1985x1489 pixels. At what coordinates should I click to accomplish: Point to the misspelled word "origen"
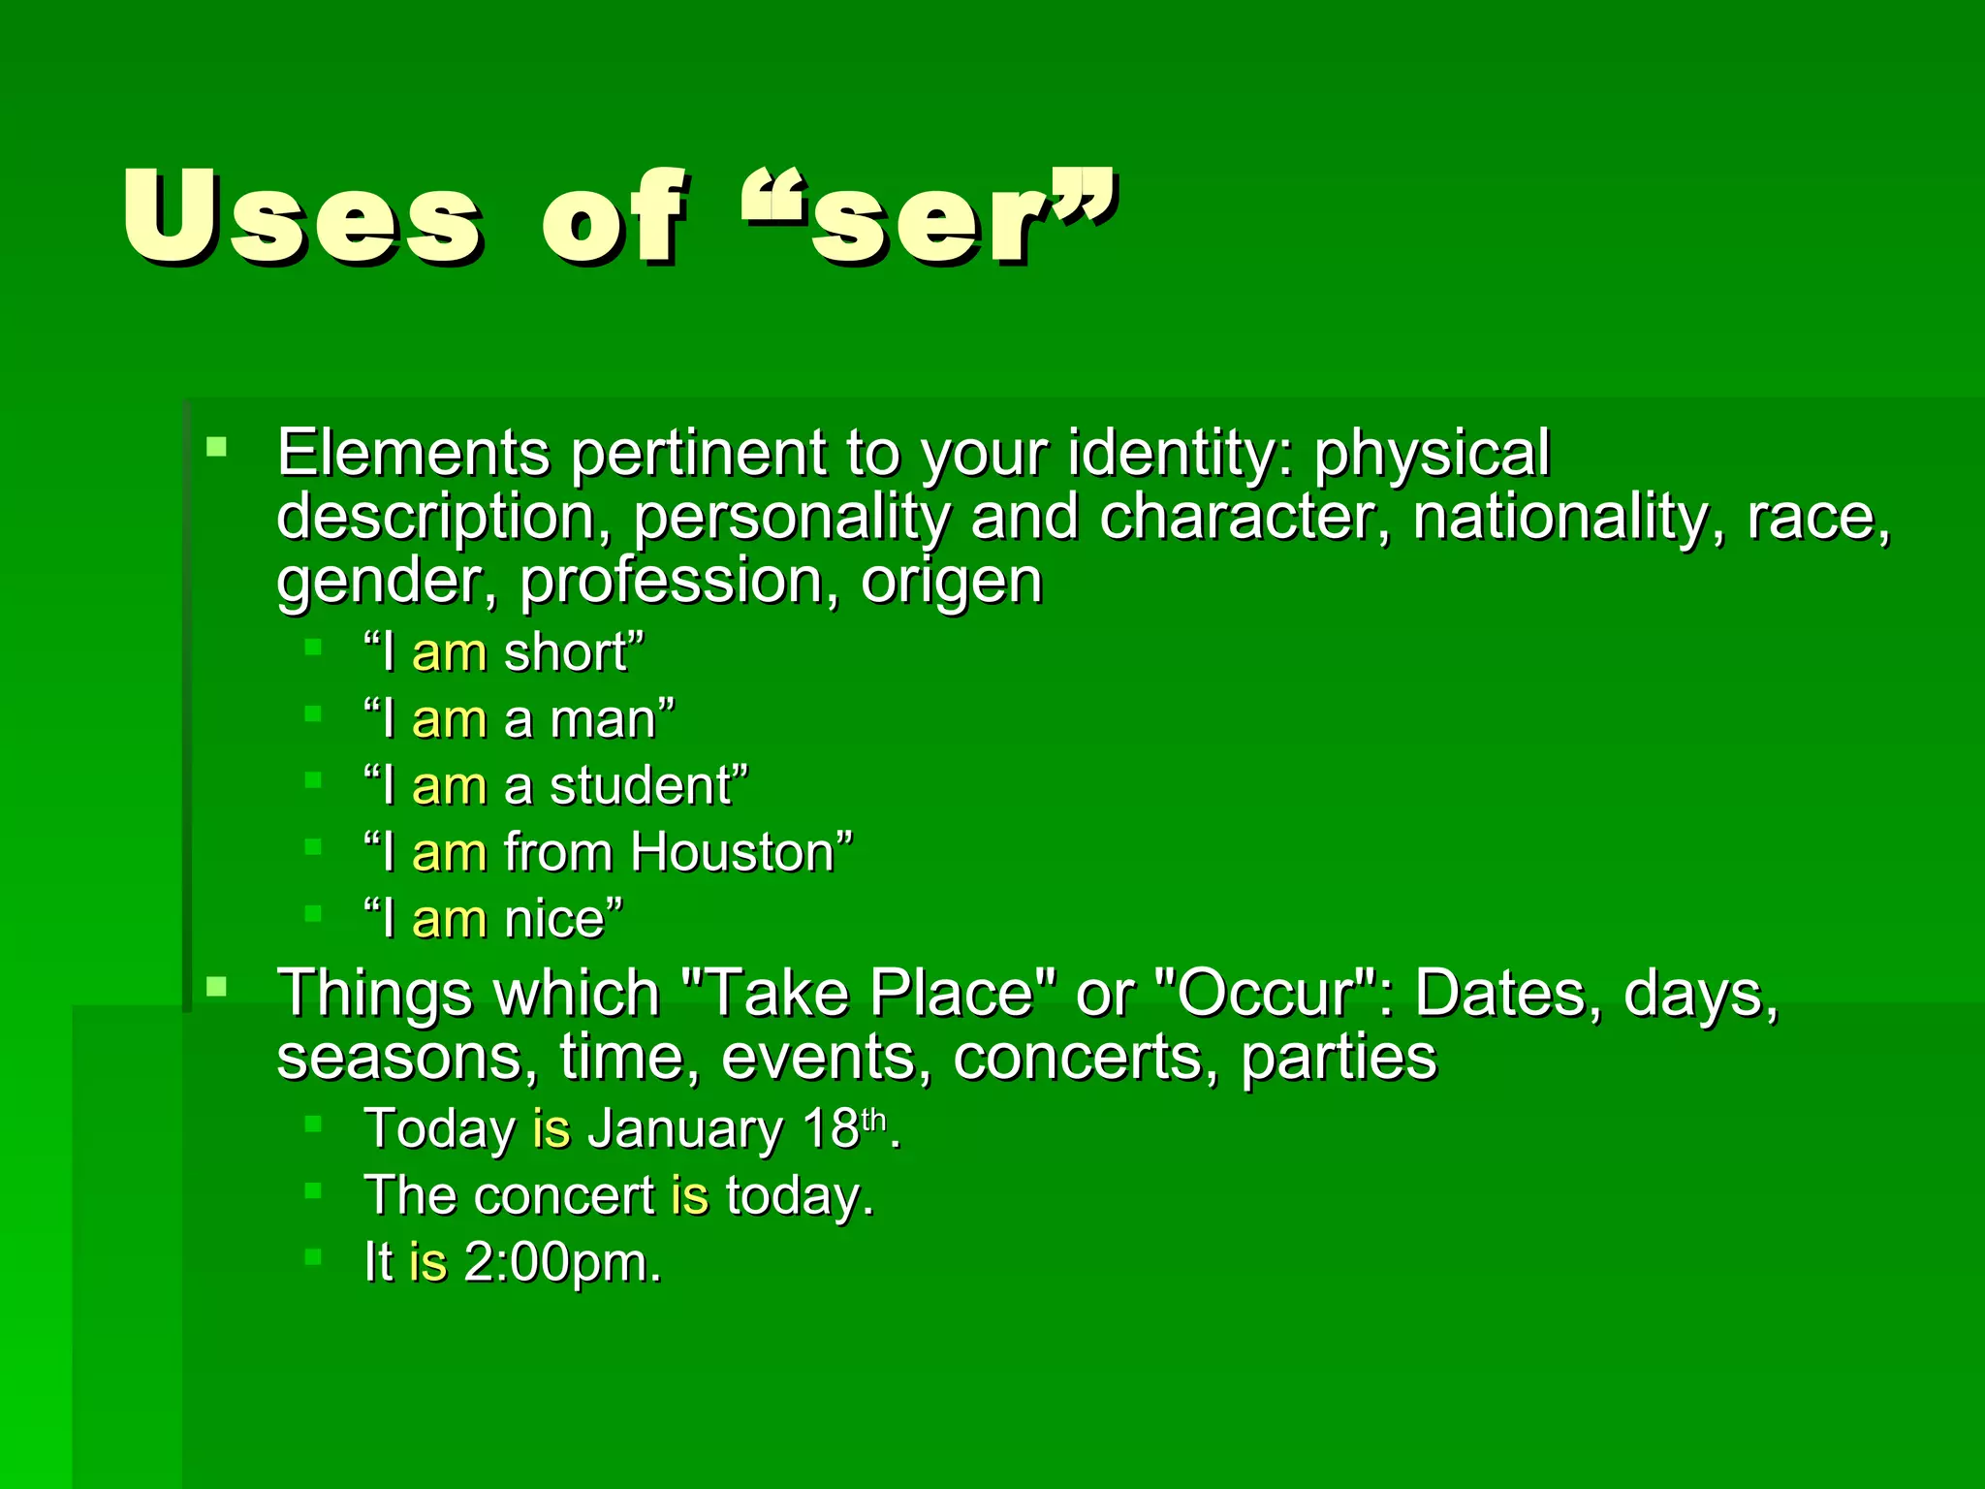tap(951, 581)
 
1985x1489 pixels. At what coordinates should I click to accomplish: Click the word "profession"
tap(671, 581)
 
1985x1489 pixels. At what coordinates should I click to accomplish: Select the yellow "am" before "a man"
tap(449, 720)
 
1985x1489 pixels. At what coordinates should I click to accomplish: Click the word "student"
tap(640, 786)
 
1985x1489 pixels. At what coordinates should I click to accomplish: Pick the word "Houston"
tap(732, 853)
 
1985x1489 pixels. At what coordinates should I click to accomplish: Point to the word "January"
tap(685, 1129)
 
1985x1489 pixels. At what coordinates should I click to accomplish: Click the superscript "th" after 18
tap(873, 1121)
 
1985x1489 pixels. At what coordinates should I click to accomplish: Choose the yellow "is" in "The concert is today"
tap(689, 1195)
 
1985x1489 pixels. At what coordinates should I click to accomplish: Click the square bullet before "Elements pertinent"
tap(216, 447)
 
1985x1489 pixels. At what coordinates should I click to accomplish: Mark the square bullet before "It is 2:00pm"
tap(312, 1257)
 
